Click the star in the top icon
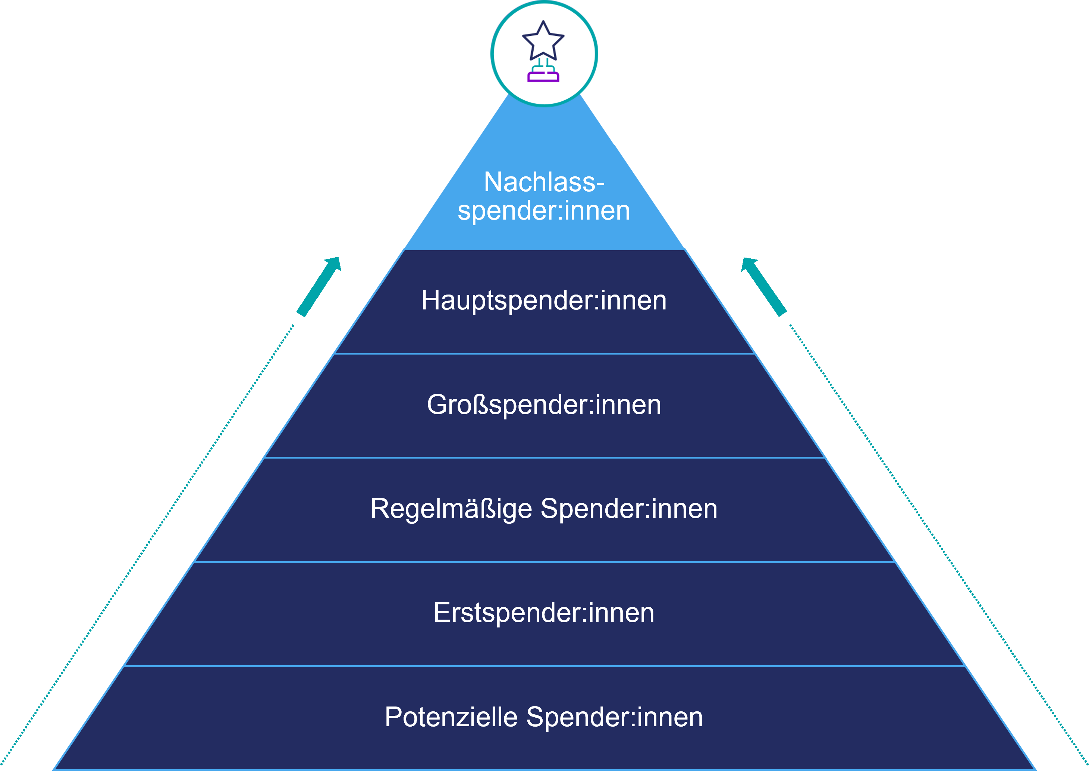click(543, 42)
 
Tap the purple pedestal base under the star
click(543, 77)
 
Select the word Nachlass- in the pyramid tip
click(544, 182)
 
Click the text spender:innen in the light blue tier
click(544, 210)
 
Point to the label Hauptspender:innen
click(544, 300)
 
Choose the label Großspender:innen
click(544, 405)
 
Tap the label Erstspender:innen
click(544, 613)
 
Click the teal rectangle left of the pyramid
click(318, 287)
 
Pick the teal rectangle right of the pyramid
click(764, 287)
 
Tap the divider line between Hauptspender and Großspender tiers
click(544, 354)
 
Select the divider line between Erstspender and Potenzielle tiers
click(544, 666)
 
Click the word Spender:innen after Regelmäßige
click(629, 509)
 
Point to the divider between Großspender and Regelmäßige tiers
click(544, 458)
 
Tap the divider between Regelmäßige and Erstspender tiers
click(544, 562)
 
